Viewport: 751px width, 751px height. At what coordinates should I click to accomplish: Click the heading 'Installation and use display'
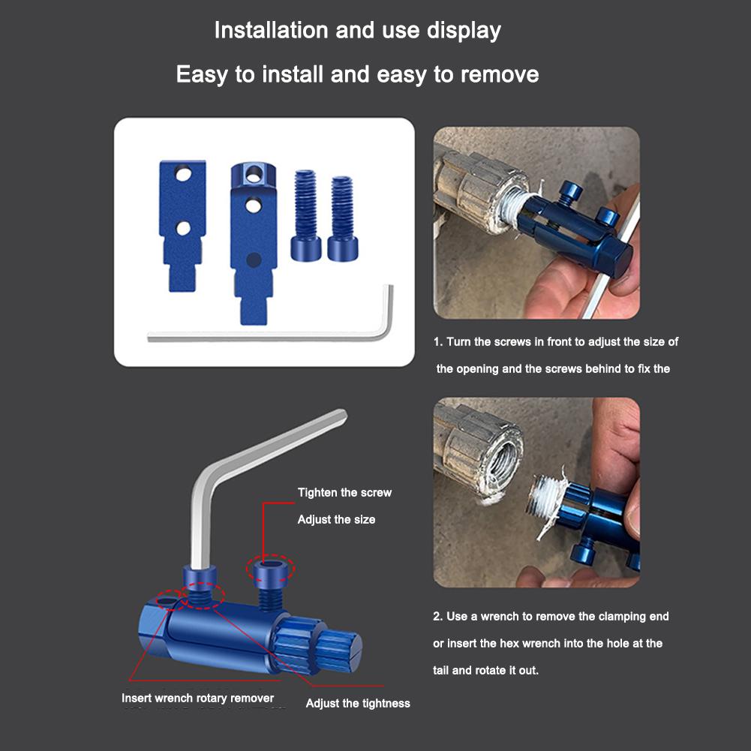pos(357,31)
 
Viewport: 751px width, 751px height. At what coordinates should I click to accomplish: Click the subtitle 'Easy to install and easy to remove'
pos(357,75)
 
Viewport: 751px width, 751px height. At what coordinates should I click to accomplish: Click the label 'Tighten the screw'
pos(344,493)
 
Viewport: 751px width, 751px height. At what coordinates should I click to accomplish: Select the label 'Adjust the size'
pos(336,519)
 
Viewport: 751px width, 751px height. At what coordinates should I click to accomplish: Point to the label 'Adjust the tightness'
pos(358,703)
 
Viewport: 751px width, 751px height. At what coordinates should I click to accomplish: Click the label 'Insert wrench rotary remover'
pos(198,698)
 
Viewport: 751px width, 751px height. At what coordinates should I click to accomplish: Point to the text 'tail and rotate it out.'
pos(485,671)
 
